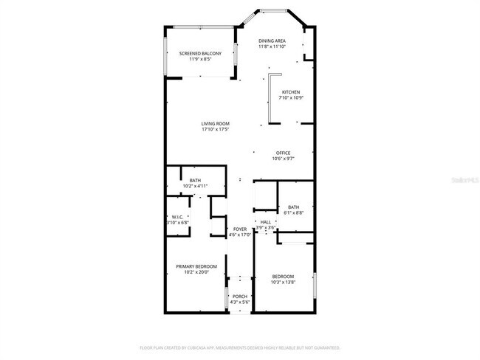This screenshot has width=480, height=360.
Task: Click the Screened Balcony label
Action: coord(200,53)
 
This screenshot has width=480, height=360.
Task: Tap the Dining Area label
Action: coord(272,41)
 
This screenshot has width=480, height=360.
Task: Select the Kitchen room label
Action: coord(291,91)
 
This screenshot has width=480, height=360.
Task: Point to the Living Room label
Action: coord(216,123)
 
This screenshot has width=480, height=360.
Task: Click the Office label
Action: coord(284,153)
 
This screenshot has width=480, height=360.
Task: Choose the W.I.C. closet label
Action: coord(177,216)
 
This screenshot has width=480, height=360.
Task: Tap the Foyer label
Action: coord(240,229)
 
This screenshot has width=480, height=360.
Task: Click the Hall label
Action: coord(266,222)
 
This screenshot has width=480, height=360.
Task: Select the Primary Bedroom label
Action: coord(196,266)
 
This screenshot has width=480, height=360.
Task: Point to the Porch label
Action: coord(240,296)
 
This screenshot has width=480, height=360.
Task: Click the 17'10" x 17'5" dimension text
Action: coord(216,130)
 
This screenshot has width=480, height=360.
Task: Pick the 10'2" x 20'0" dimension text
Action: coord(196,272)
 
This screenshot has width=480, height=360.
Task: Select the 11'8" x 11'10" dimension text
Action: coord(272,47)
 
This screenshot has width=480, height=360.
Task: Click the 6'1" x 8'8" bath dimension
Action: coord(294,213)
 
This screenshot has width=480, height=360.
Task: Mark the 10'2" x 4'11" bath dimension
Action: coord(195,187)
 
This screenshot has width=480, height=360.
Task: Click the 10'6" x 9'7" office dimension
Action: coord(284,159)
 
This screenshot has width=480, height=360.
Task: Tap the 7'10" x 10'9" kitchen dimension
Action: coord(291,98)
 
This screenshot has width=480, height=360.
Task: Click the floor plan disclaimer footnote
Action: coord(240,347)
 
